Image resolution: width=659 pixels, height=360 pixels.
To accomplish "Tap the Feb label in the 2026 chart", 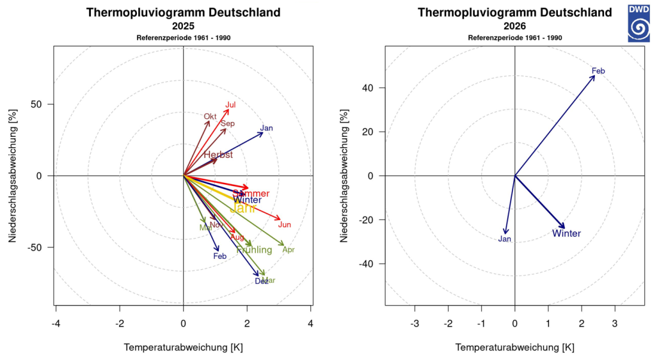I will tap(598, 71).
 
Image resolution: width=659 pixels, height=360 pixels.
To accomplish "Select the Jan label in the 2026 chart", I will tap(505, 239).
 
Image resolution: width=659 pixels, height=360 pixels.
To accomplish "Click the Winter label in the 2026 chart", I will tap(566, 233).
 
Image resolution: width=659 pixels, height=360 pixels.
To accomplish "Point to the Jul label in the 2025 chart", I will tap(231, 105).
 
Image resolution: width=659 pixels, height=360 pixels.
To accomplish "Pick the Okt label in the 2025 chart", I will tap(210, 116).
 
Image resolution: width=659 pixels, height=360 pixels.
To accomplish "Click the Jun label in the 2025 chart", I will tap(285, 224).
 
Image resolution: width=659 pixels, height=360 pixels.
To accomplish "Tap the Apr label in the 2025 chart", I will tap(289, 250).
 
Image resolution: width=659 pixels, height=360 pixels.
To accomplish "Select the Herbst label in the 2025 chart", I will tap(218, 155).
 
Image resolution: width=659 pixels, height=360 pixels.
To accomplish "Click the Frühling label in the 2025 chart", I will tap(254, 250).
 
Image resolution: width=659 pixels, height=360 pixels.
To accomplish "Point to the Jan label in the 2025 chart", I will tap(267, 129).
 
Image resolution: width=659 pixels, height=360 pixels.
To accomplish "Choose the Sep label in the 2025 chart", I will tap(228, 123).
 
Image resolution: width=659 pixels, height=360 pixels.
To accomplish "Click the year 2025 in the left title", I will tap(184, 27).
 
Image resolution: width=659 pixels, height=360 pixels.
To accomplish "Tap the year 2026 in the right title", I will tap(515, 27).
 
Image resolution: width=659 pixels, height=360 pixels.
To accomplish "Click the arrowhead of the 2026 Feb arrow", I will tap(594, 76).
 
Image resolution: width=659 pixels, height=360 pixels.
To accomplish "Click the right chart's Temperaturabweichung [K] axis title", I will tap(515, 347).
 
